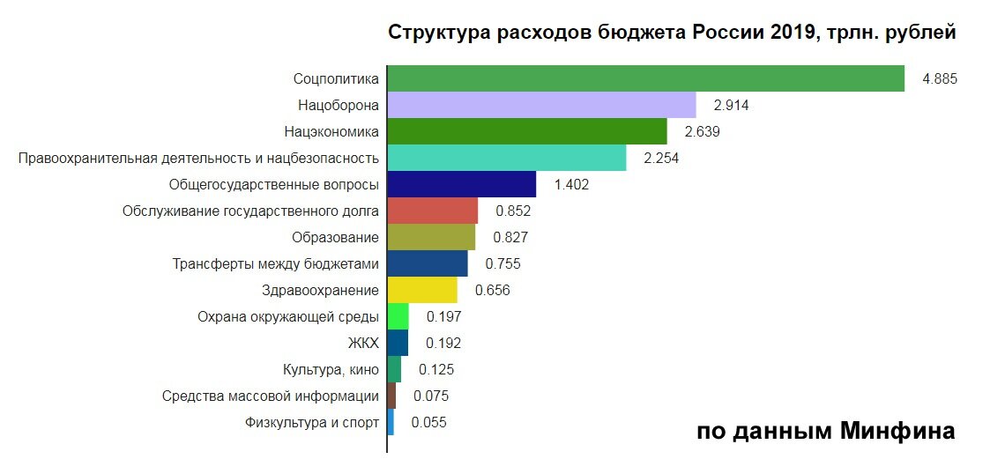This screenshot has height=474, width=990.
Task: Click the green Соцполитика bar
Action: [645, 78]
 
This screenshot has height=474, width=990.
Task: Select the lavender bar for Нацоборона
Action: [541, 105]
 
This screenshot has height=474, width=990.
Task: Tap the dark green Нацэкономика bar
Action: [526, 131]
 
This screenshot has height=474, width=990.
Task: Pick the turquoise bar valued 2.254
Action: [506, 158]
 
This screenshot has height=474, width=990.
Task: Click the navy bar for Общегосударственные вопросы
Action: [461, 184]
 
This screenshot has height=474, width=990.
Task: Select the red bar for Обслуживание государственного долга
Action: [432, 211]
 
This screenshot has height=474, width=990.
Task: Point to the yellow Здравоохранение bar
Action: [422, 290]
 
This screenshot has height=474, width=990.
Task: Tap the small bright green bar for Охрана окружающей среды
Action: [398, 316]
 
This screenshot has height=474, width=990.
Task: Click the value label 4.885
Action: [939, 79]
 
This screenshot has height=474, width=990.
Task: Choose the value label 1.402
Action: [571, 185]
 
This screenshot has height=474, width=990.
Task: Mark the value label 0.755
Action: [503, 264]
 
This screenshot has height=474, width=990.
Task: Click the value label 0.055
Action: [429, 423]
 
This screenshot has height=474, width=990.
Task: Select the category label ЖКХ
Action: [364, 344]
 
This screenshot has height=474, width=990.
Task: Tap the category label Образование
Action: [335, 238]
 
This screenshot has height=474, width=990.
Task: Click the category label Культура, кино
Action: [331, 370]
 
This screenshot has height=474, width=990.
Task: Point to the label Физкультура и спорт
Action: [312, 423]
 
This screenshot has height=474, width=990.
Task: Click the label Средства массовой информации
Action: [271, 396]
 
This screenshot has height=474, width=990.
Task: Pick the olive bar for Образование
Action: [431, 237]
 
